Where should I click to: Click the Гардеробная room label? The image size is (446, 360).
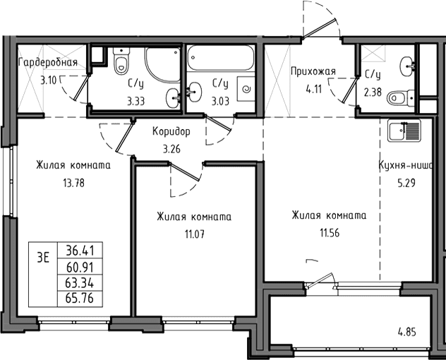pyautogui.click(x=48, y=62)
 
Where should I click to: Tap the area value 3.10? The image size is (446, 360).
pyautogui.click(x=48, y=80)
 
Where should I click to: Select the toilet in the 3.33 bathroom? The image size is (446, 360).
pyautogui.click(x=121, y=61)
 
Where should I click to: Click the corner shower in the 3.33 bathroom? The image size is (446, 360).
pyautogui.click(x=163, y=65)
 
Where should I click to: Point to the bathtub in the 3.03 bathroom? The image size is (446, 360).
pyautogui.click(x=221, y=58)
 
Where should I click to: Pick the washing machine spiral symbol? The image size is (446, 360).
pyautogui.click(x=246, y=90)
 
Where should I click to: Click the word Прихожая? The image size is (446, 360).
pyautogui.click(x=313, y=71)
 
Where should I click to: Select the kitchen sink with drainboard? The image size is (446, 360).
pyautogui.click(x=404, y=131)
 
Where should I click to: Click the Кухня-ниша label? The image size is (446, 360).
pyautogui.click(x=406, y=165)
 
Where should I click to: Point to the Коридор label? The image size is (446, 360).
pyautogui.click(x=171, y=131)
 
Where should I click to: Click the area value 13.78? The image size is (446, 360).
pyautogui.click(x=73, y=183)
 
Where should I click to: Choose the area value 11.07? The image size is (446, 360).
pyautogui.click(x=195, y=234)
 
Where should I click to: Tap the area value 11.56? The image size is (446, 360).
pyautogui.click(x=330, y=233)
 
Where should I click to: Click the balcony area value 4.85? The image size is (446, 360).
pyautogui.click(x=406, y=332)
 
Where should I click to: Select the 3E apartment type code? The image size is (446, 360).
pyautogui.click(x=43, y=258)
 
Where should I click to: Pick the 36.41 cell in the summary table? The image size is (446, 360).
pyautogui.click(x=80, y=251)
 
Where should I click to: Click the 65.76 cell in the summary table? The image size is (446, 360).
pyautogui.click(x=80, y=299)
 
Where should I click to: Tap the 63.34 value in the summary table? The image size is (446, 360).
pyautogui.click(x=80, y=283)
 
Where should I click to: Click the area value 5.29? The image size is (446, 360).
pyautogui.click(x=406, y=183)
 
